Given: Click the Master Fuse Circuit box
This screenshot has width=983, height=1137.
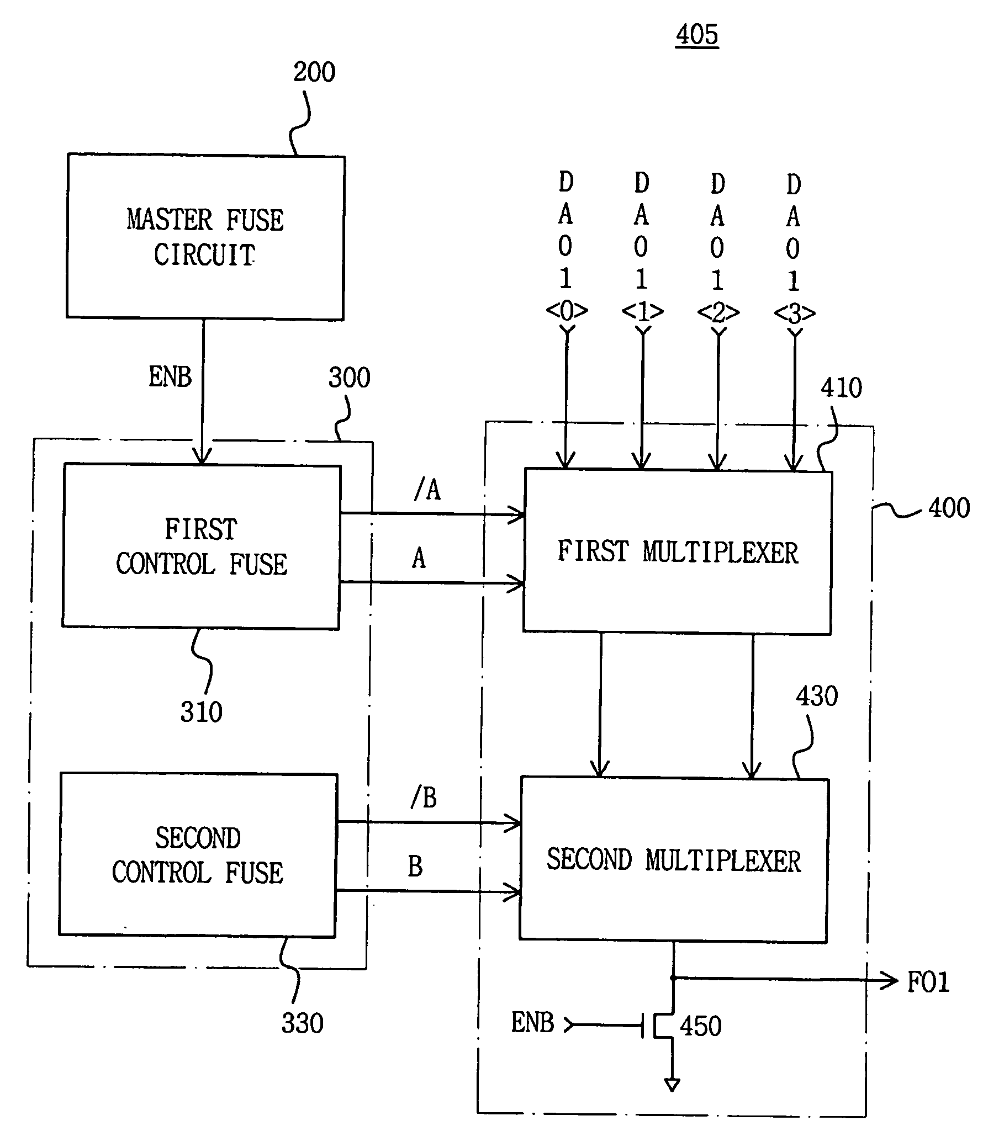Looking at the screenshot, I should pos(205,237).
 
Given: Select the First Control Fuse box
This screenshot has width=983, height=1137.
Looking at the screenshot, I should pos(202,546).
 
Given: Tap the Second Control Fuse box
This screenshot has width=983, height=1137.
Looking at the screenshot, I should pos(198,855).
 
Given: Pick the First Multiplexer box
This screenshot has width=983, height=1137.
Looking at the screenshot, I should pos(678,552).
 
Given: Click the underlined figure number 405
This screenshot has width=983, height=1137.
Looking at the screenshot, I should pos(697,35).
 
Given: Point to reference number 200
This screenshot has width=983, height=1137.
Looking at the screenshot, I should pos(314,72).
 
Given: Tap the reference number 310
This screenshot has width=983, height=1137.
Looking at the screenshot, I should pos(201,712).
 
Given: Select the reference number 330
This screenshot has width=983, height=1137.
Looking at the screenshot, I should pos(302,1023).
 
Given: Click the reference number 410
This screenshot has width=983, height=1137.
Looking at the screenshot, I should pos(841,388).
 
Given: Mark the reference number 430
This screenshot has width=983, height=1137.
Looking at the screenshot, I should pos(816,697).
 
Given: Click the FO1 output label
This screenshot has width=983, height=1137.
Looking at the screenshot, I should pos(928,983).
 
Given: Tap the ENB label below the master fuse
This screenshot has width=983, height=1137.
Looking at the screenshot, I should pos(170,377).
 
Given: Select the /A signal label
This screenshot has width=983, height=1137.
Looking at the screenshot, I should pos(427,489).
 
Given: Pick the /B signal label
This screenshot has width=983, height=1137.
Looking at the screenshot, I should pos(424,798).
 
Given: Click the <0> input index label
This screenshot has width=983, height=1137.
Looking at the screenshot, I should pos(567,311).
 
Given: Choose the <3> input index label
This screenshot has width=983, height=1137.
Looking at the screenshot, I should pos(794,314).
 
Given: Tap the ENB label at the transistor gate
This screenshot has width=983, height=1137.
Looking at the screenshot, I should pos(532,1023).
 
